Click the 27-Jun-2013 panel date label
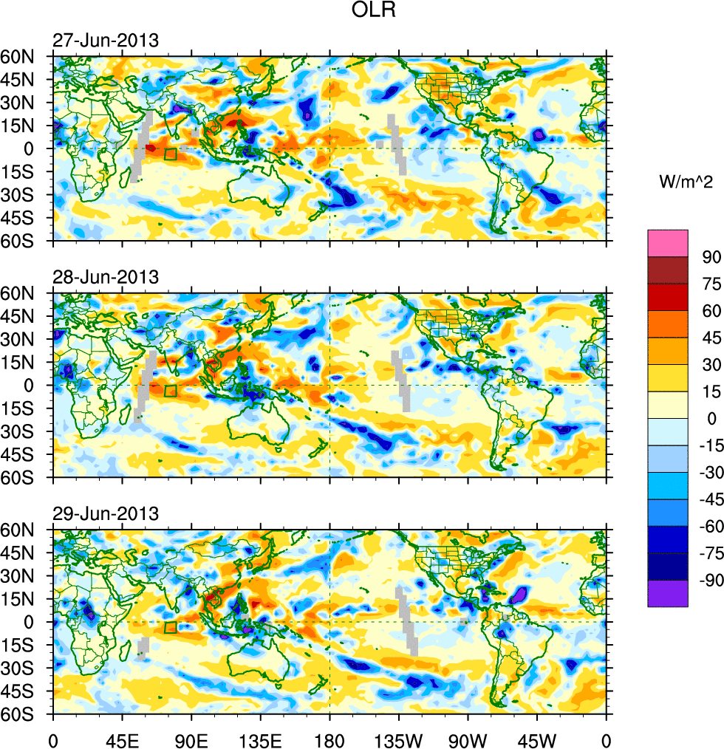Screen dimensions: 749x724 [x=105, y=41]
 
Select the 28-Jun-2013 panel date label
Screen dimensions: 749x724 [x=105, y=278]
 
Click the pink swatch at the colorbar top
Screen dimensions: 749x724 [x=668, y=243]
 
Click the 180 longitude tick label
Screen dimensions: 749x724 [x=329, y=739]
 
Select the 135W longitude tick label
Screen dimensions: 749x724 [x=398, y=739]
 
